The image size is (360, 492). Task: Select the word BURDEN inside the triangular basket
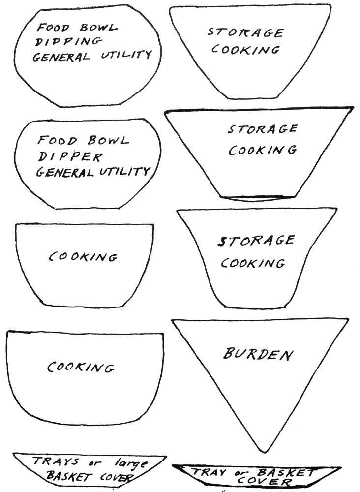click(x=258, y=354)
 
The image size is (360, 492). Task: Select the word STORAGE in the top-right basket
click(x=244, y=32)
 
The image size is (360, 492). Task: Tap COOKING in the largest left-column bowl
click(x=81, y=368)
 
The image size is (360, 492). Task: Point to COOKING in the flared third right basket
click(x=252, y=263)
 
